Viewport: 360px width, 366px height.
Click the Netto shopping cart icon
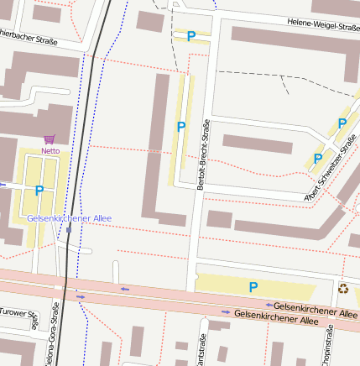50,139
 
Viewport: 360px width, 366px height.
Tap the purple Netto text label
50,151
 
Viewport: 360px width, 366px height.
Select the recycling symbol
343,289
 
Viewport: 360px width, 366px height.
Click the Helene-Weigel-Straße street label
322,25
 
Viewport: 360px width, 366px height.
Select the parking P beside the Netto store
39,191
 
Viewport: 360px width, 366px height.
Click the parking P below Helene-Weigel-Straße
191,36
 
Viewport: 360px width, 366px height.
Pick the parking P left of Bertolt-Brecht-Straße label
180,127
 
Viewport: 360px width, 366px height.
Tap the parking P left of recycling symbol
253,287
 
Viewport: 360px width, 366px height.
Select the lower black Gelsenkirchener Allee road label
276,317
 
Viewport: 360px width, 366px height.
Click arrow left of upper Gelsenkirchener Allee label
269,305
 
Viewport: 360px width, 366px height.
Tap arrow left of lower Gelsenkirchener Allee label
226,311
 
